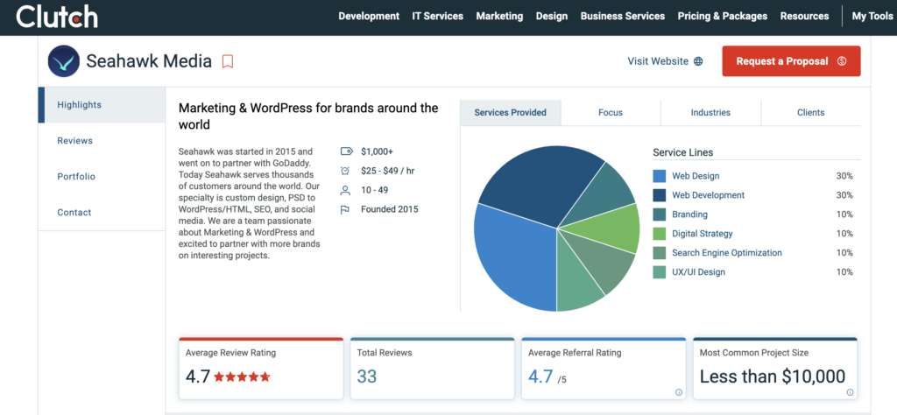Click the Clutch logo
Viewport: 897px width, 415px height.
[57, 16]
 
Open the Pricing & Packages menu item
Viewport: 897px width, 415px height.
[722, 17]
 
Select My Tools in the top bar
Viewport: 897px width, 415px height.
[872, 17]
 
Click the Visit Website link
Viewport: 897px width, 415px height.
[665, 61]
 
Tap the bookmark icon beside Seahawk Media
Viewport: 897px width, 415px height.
[228, 61]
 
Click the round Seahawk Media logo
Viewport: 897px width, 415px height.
[64, 61]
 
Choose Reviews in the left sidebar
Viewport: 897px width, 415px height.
[74, 141]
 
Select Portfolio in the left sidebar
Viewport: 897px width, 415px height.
[76, 177]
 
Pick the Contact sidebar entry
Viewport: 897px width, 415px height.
[74, 213]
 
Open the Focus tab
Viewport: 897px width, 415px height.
[611, 113]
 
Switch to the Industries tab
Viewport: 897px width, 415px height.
[710, 113]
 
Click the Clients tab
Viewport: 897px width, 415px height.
[810, 113]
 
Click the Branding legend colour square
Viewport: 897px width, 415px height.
[660, 215]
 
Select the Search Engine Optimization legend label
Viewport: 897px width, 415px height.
[726, 253]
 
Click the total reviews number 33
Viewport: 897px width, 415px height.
[367, 376]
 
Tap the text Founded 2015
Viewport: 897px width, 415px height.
[390, 209]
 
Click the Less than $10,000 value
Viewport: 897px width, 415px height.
[772, 376]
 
